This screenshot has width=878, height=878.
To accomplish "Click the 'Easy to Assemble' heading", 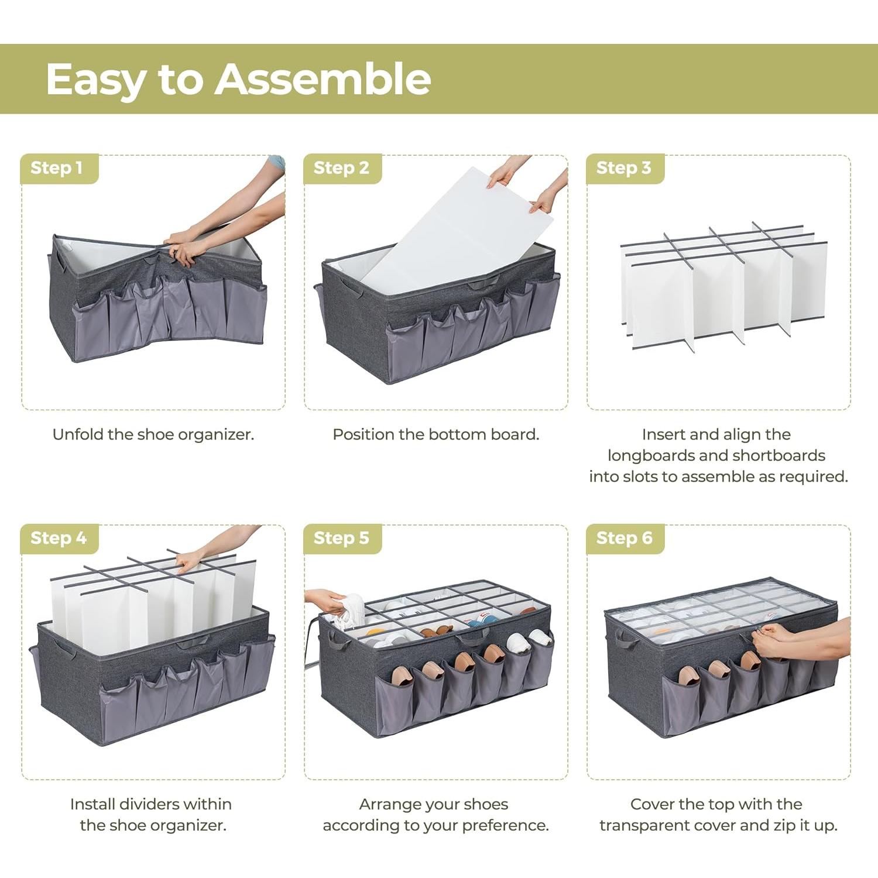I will tap(238, 79).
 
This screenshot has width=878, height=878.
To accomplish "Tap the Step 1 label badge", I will tap(57, 168).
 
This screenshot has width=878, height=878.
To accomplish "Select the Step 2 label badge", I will tap(341, 168).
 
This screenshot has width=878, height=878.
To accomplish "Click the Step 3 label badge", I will tap(624, 168).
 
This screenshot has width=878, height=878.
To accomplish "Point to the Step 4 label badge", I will tap(59, 538).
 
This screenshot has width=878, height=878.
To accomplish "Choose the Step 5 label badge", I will tap(341, 538).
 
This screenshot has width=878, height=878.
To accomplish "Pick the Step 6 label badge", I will tap(624, 538).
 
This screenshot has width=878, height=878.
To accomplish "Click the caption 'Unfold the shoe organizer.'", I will tap(153, 434).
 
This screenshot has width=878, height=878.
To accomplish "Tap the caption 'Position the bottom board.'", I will tap(436, 434).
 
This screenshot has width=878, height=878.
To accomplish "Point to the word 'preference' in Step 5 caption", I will tap(504, 825).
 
